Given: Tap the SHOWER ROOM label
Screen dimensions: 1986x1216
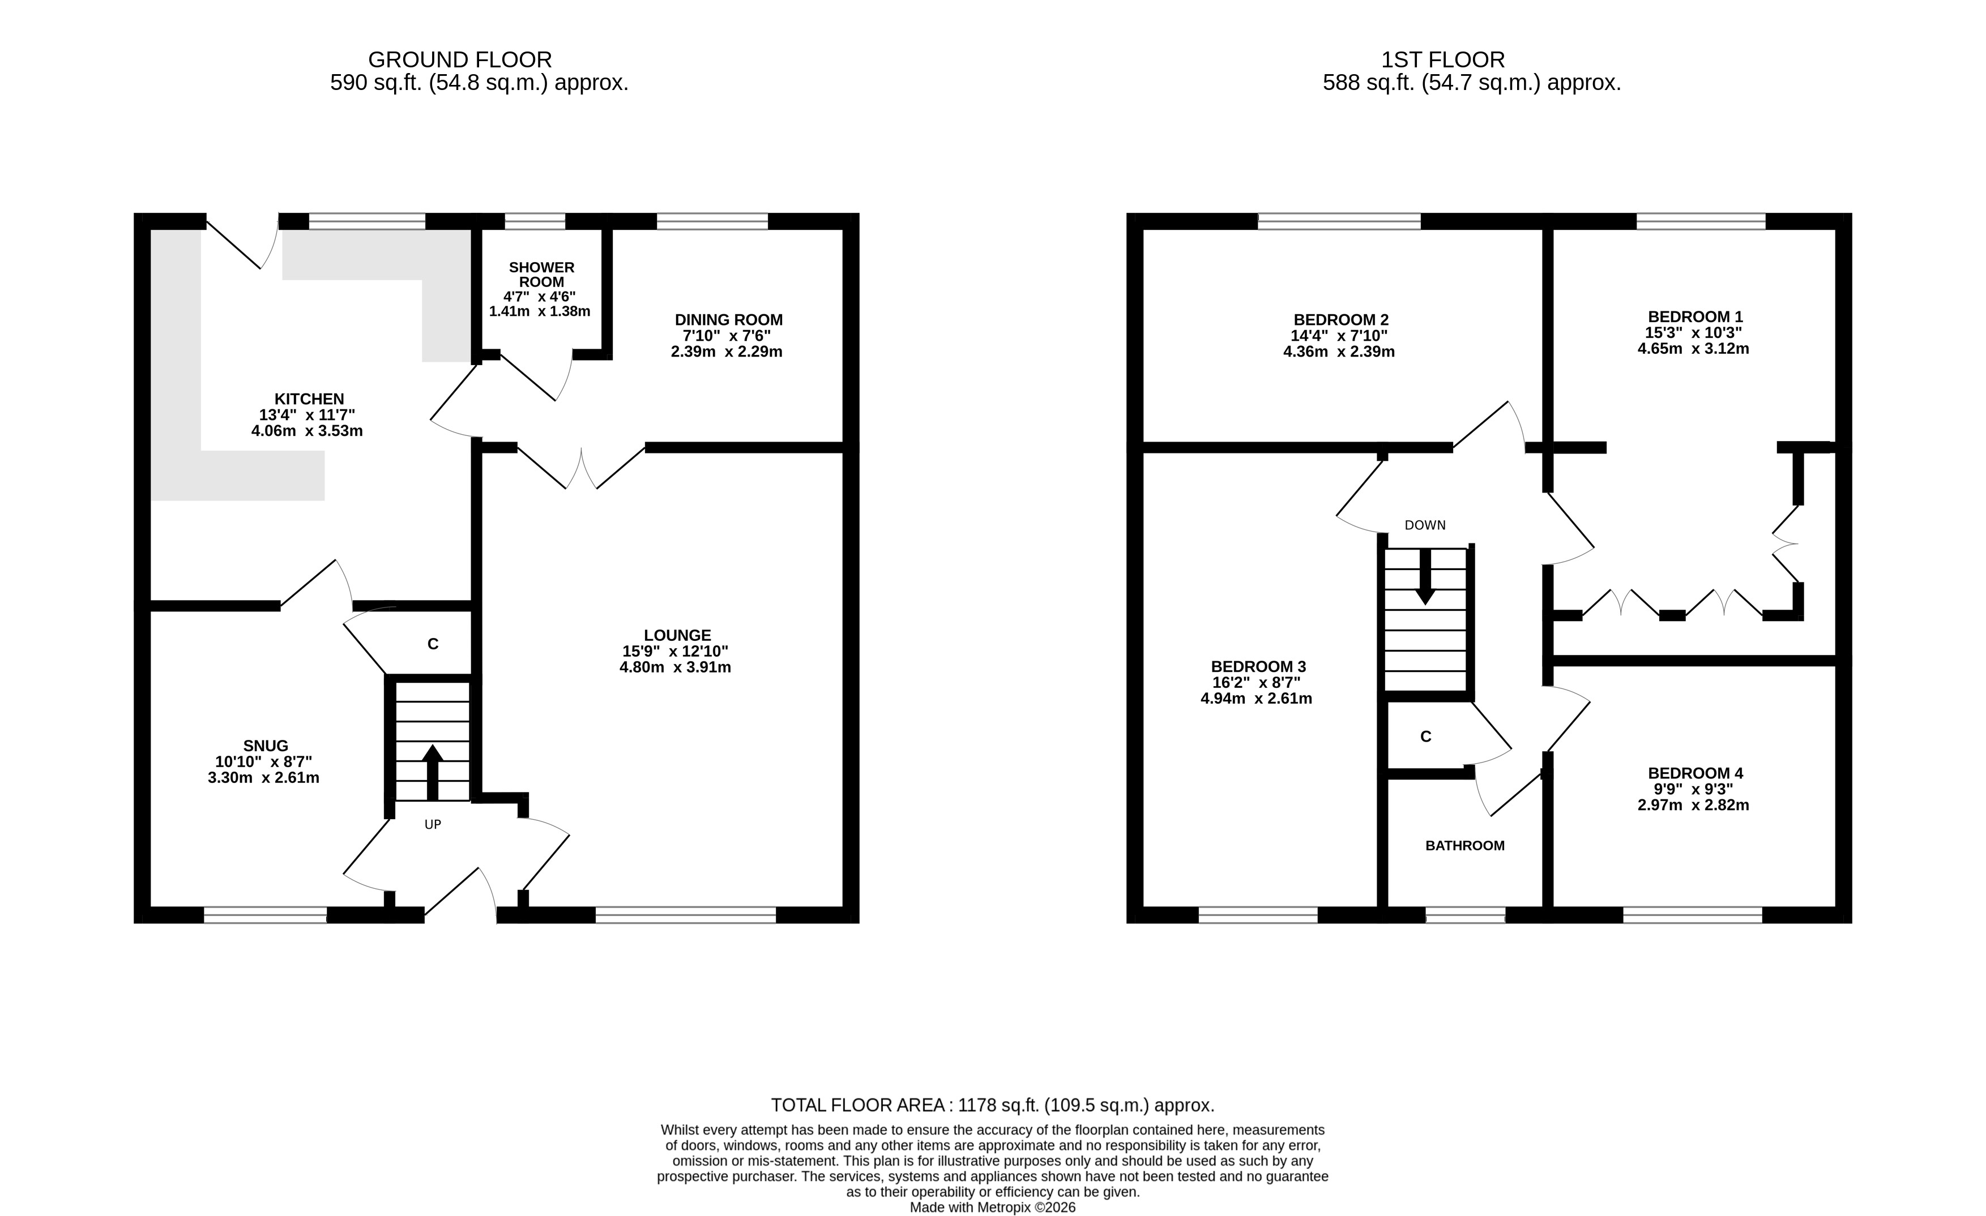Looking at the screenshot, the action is pos(541,275).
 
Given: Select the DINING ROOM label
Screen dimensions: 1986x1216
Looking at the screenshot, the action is pos(729,320).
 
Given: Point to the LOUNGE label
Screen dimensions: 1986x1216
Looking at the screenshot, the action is pos(677,636).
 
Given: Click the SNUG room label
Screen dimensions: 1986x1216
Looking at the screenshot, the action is pos(265,746).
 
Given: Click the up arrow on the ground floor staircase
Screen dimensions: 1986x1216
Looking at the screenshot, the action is pos(432,772).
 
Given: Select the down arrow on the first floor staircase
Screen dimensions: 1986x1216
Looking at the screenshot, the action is pos(1425,577).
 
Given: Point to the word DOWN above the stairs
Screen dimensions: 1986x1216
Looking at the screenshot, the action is pos(1425,525).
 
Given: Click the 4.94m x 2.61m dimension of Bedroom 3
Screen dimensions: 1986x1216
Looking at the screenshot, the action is pos(1257,699).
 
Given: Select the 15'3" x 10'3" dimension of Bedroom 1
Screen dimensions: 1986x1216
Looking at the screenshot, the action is pos(1693,333).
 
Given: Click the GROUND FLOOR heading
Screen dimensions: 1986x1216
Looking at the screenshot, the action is pos(460,59).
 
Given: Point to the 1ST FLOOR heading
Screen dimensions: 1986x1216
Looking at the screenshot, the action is pos(1443,59).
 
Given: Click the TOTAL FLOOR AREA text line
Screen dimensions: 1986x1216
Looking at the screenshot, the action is pos(992,1106).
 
